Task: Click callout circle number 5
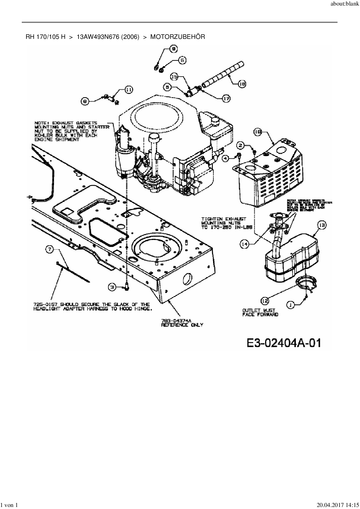182,60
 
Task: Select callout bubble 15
174,77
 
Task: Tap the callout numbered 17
226,99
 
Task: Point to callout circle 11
129,90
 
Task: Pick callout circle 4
226,158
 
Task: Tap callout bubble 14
244,244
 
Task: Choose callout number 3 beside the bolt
112,287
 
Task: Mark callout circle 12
265,301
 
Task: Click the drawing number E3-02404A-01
284,343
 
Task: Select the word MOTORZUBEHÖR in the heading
177,37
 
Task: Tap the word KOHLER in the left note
42,135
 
